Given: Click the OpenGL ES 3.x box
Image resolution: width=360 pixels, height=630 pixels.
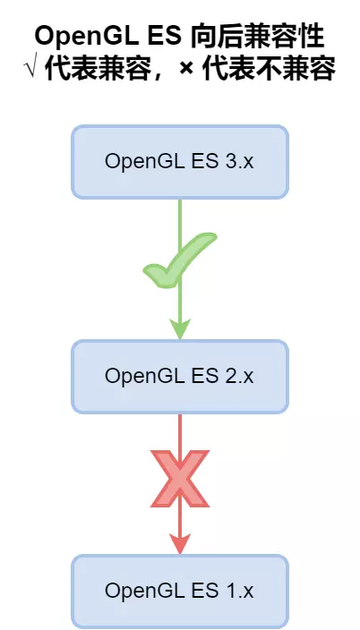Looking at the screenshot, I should tap(180, 162).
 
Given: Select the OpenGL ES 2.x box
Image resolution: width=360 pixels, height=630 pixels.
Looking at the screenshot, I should tap(180, 376).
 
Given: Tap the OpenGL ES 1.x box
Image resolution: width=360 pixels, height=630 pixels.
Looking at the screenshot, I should tap(180, 591).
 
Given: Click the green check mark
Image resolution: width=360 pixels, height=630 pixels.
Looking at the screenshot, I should tap(179, 261).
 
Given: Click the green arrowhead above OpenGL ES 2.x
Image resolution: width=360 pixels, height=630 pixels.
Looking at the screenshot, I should tap(180, 329).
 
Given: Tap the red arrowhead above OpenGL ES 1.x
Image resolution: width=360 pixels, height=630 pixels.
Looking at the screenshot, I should tap(180, 542).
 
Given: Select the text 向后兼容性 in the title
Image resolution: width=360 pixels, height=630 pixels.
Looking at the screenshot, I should tap(258, 37).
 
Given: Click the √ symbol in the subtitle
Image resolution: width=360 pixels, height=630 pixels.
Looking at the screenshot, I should tap(33, 70).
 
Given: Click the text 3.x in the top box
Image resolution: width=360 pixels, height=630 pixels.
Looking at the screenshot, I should tap(240, 162).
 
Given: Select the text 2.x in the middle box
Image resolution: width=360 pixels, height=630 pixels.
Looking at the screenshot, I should tap(240, 376).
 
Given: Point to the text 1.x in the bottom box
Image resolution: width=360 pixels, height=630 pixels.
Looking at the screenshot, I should tap(240, 591).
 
